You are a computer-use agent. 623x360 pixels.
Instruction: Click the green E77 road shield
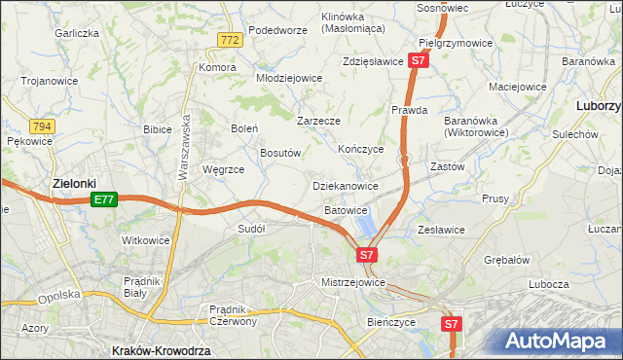pyautogui.click(x=105, y=199)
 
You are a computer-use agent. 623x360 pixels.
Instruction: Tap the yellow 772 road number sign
pyautogui.click(x=230, y=40)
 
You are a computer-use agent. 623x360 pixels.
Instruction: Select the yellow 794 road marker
pyautogui.click(x=41, y=127)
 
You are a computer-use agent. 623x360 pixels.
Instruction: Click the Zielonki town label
pyautogui.click(x=74, y=182)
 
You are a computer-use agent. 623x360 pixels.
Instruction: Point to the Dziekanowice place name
pyautogui.click(x=345, y=185)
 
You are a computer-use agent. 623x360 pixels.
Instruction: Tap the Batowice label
pyautogui.click(x=346, y=209)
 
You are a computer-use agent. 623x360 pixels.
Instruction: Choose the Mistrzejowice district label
pyautogui.click(x=353, y=282)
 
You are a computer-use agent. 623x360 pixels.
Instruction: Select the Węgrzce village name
pyautogui.click(x=223, y=168)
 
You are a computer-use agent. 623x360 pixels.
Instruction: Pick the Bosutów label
pyautogui.click(x=284, y=153)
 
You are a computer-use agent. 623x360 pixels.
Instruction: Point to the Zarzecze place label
pyautogui.click(x=318, y=122)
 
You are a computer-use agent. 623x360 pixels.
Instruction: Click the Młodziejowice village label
pyautogui.click(x=288, y=78)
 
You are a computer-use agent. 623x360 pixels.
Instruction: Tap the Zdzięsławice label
pyautogui.click(x=373, y=61)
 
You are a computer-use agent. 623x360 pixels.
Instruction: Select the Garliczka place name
pyautogui.click(x=78, y=33)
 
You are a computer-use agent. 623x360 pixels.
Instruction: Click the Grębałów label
pyautogui.click(x=506, y=260)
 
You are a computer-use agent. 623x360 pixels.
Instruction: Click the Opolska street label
pyautogui.click(x=55, y=298)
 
